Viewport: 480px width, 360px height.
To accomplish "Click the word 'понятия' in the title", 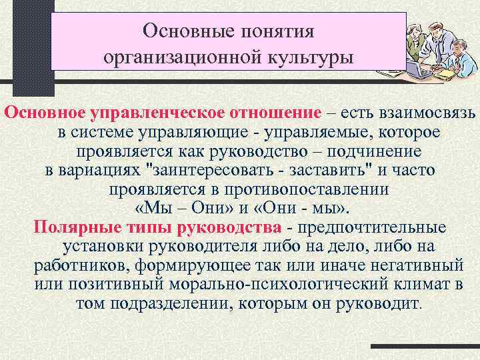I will coord(275,31).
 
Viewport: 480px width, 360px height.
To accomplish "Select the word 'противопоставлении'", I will coord(273,189).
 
